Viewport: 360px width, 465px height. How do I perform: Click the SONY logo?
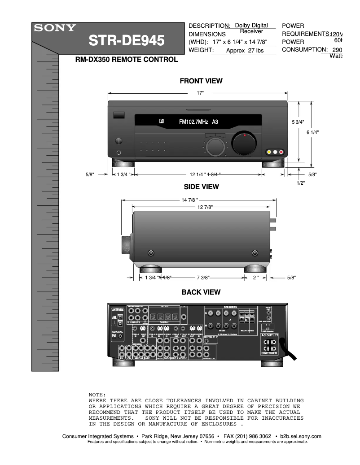tap(53, 28)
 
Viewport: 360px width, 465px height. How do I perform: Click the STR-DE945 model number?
tap(127, 41)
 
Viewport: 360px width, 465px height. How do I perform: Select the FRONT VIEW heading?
tap(201, 81)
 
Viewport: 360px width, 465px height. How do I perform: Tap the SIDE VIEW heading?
tap(201, 187)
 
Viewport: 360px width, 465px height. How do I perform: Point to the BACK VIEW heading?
tap(201, 292)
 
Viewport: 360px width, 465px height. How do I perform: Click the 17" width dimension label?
tap(200, 93)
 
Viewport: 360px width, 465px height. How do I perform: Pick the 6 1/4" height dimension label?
tap(312, 132)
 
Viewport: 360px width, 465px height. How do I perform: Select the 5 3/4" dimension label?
tap(298, 122)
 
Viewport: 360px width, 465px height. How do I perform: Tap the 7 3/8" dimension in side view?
tap(203, 278)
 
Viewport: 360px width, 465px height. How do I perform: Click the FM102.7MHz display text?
tap(198, 122)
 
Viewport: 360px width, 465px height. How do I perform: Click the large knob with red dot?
tap(243, 143)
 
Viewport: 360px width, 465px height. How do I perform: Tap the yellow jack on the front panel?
tap(269, 152)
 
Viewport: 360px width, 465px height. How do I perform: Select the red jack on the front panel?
tap(281, 152)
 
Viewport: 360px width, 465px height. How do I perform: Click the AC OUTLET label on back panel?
tap(270, 335)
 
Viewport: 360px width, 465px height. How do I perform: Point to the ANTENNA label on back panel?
tap(118, 310)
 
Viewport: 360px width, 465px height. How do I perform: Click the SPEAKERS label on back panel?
tap(230, 307)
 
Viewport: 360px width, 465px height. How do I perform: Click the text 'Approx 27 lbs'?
tap(245, 51)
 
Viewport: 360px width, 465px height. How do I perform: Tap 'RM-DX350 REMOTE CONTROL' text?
tap(126, 60)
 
